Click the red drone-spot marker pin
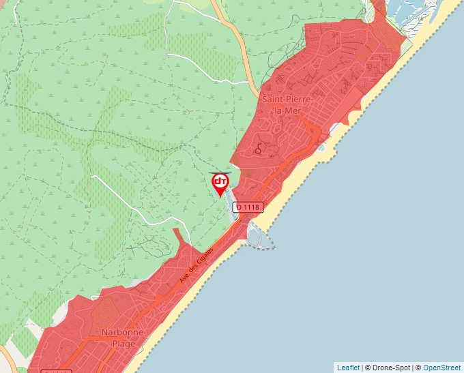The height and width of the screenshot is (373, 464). pyautogui.click(x=220, y=183)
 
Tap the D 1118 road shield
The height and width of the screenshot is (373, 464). pyautogui.click(x=247, y=207)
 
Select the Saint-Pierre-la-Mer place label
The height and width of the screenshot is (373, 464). pyautogui.click(x=288, y=106)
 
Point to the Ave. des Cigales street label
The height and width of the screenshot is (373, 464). pyautogui.click(x=197, y=265)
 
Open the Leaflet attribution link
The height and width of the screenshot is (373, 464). pyautogui.click(x=348, y=368)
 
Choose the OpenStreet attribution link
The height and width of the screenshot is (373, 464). pyautogui.click(x=441, y=368)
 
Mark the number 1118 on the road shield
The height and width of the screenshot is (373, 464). pyautogui.click(x=250, y=207)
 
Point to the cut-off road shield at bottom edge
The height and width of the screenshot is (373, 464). pyautogui.click(x=56, y=370)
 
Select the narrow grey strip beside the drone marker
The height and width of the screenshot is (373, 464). pyautogui.click(x=230, y=198)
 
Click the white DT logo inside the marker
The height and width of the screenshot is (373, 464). pyautogui.click(x=220, y=181)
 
